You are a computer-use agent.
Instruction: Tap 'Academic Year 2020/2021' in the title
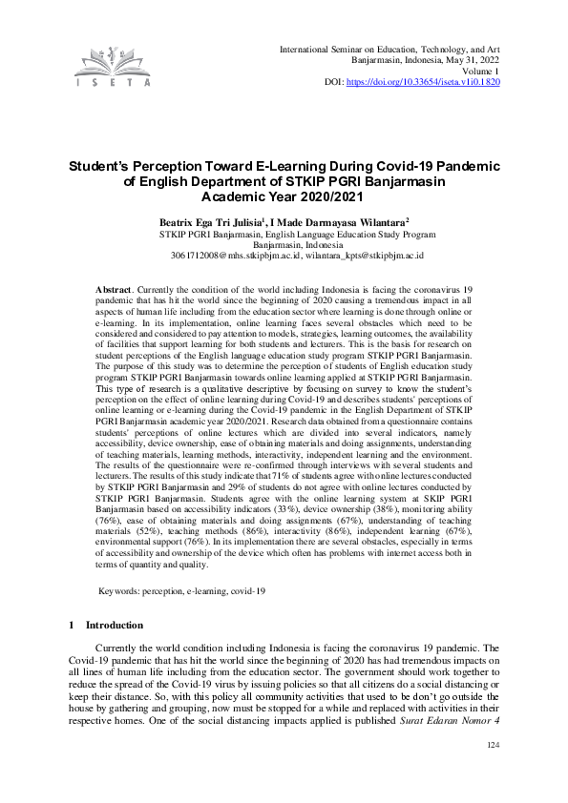[284, 196]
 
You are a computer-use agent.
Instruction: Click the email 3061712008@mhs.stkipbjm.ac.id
[230, 256]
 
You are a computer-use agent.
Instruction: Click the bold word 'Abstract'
[116, 288]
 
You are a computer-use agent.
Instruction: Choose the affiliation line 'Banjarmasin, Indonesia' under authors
[284, 244]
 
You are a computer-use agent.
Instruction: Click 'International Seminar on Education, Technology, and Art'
[389, 48]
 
